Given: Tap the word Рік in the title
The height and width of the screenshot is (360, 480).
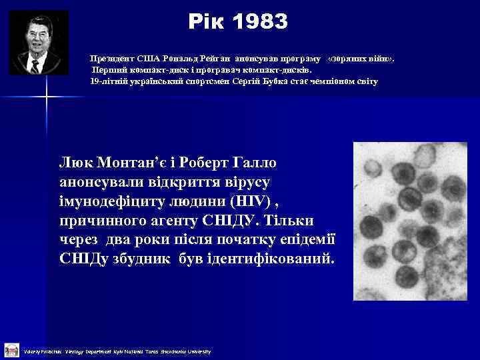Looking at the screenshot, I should point(207,22).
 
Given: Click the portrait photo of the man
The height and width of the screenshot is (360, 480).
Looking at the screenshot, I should point(38,42).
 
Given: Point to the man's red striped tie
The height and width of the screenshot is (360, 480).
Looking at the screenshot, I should point(35,66).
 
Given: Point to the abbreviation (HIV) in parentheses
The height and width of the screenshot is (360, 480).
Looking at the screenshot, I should point(250,201).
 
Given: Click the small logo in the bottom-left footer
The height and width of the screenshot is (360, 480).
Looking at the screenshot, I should point(11,349).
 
